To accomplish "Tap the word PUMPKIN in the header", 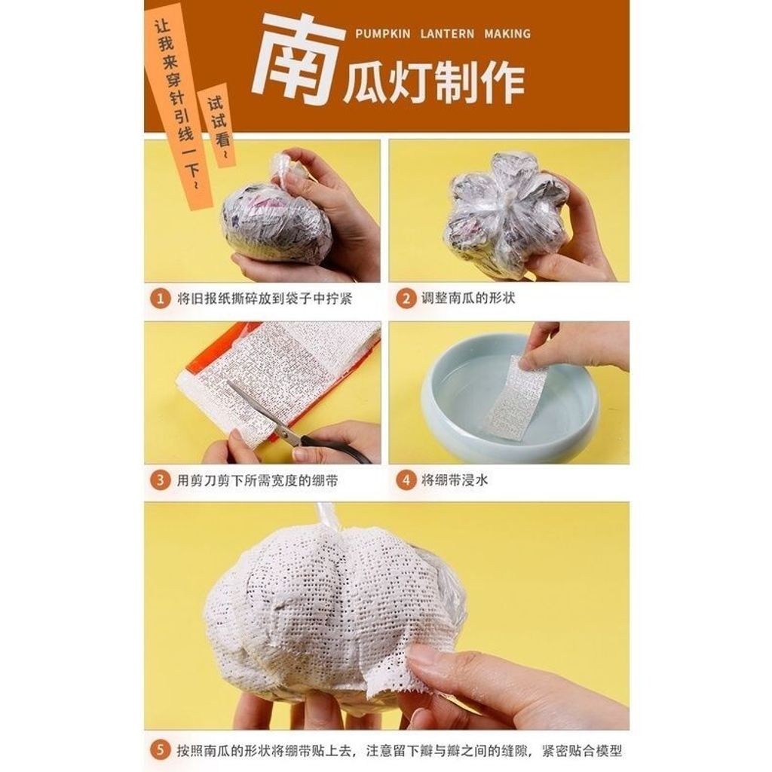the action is click(382, 34).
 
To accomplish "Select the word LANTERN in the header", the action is click(447, 34).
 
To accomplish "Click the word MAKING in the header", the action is click(507, 34).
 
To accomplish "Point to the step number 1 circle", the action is click(161, 299).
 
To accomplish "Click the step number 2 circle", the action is click(406, 299).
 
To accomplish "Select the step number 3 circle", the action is click(161, 480).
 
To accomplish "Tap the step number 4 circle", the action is click(406, 480).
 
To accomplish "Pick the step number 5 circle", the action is click(161, 751).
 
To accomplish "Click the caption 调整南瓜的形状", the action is click(468, 299).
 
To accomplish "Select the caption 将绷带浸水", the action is click(455, 480).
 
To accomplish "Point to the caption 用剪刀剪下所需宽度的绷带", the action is click(258, 480).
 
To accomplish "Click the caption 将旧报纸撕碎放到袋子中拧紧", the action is click(265, 299).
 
